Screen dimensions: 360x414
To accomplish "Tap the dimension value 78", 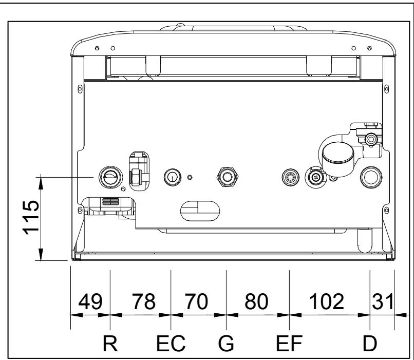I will [143, 302].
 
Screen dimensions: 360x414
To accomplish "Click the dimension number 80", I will [256, 302].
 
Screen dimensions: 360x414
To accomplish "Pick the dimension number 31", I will [382, 302].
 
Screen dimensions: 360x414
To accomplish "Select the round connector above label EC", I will [171, 177].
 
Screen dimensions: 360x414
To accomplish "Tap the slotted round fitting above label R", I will [109, 176].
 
